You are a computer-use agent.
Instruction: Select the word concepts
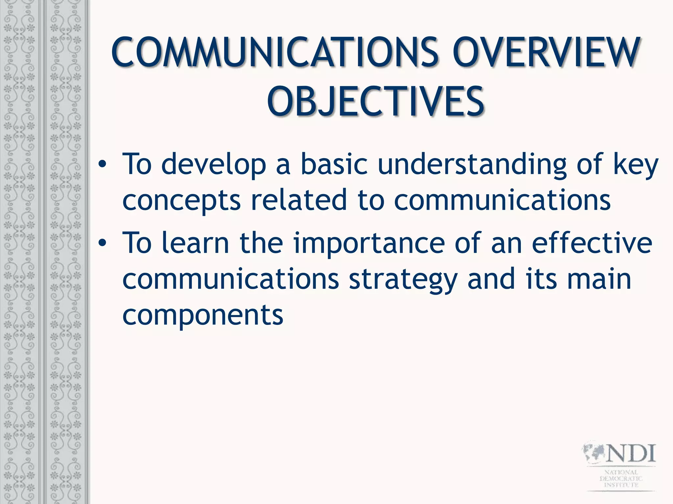181,201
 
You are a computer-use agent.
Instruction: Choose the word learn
196,243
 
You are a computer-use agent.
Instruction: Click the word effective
592,243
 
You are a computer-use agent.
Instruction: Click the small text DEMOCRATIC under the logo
621,478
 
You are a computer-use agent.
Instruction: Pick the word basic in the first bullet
334,164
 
